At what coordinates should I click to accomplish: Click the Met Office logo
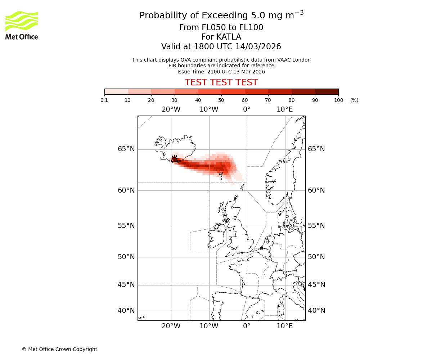point(22,25)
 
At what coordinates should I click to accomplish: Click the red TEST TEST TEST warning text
point(221,82)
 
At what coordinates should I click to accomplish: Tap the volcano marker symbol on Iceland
point(175,159)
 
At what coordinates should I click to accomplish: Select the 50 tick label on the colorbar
point(221,100)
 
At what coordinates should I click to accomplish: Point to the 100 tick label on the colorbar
point(338,100)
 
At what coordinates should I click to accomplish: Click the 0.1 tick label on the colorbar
point(104,100)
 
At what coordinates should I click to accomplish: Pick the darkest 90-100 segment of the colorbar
point(327,91)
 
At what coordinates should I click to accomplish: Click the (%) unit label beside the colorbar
point(354,100)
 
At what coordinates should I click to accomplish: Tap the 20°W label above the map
point(171,109)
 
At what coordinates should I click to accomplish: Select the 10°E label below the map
point(284,326)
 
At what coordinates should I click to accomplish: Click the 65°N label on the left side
point(126,149)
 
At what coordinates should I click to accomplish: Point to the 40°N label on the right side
point(316,311)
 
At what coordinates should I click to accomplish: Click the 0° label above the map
point(247,109)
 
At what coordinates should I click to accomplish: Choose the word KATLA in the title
point(229,37)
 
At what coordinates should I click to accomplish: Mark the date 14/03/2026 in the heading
point(258,47)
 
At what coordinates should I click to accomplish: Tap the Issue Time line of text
point(221,72)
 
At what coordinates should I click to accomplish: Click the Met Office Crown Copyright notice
point(59,349)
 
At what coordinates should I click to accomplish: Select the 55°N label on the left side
point(126,226)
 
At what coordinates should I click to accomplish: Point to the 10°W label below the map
point(209,326)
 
